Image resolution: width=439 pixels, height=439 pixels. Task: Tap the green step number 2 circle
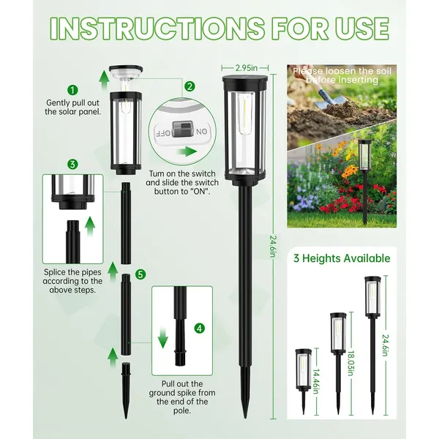(190, 86)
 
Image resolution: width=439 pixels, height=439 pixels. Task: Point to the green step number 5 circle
(140, 274)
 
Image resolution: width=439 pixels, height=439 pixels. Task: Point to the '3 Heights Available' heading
(342, 258)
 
